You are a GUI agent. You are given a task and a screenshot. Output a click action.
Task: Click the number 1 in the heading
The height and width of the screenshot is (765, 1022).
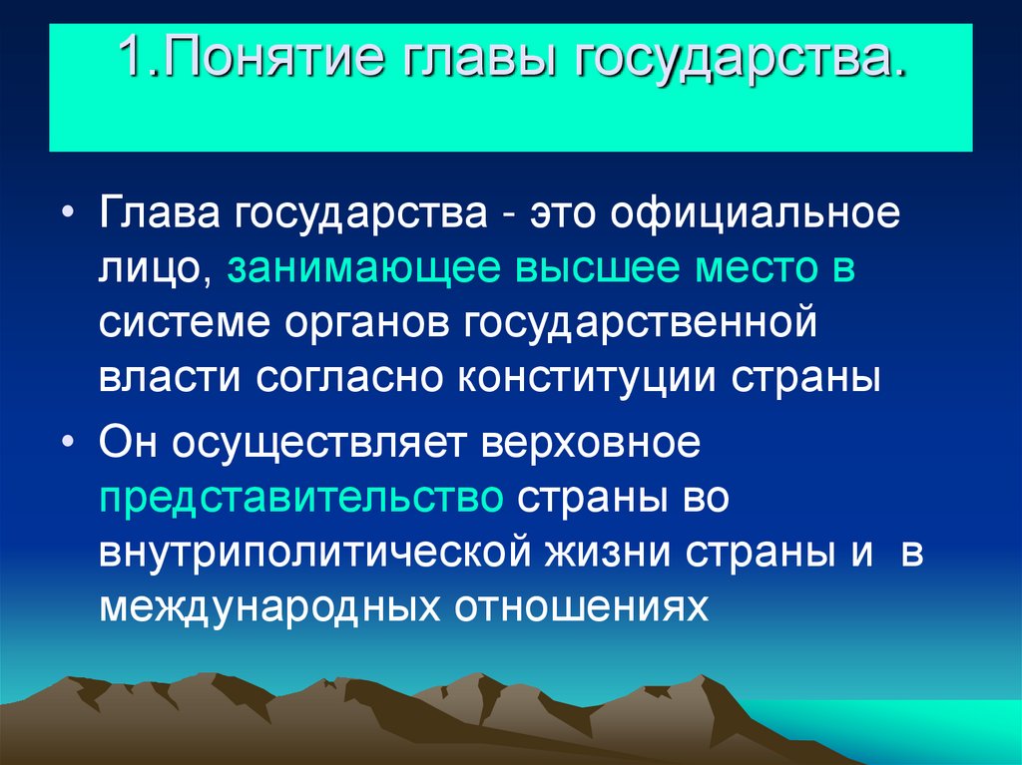click(x=131, y=62)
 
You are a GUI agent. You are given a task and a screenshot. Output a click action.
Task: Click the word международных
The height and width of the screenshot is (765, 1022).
click(x=268, y=606)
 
